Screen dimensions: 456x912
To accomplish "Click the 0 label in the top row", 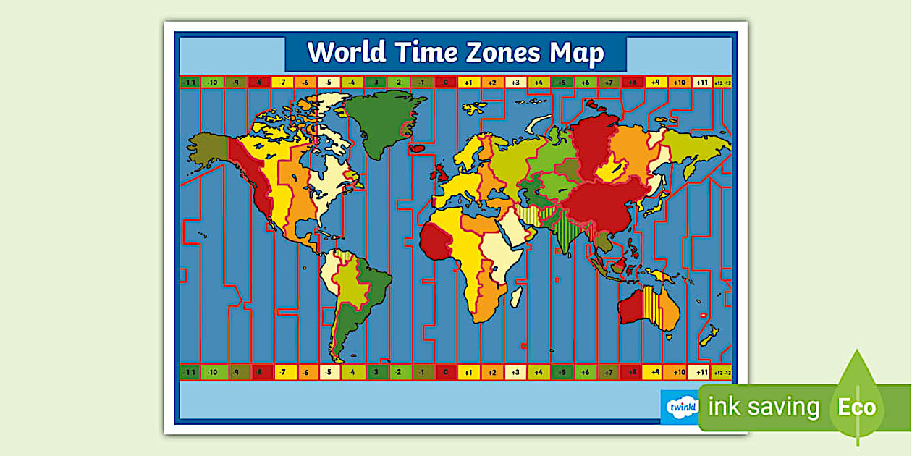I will tap(446, 83).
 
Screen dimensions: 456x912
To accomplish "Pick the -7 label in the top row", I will tap(282, 83).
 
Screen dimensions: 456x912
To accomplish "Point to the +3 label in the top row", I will tap(515, 83).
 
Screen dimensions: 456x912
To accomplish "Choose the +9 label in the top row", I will tap(655, 83).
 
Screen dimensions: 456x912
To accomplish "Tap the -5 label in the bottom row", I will tap(329, 373).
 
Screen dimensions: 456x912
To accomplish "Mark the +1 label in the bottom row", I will tap(468, 373).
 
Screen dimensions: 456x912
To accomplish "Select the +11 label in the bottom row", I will tap(701, 373).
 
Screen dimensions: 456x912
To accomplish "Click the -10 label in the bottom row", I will tap(212, 373).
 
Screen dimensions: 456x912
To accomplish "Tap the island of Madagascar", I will tap(517, 296).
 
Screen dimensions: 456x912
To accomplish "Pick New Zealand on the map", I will tap(709, 337).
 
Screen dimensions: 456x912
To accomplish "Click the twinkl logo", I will tap(678, 408).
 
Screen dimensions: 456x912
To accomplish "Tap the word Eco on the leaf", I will tap(857, 407).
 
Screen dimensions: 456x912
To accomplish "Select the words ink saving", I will tap(764, 408).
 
